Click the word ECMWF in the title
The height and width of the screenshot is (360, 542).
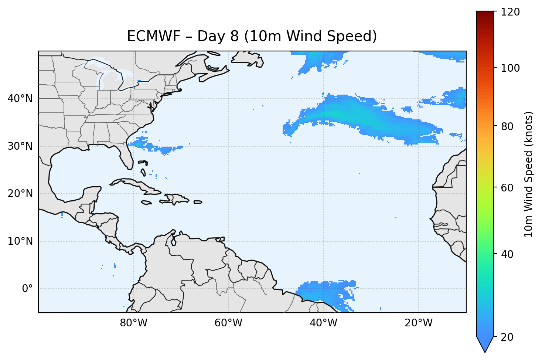point(154,37)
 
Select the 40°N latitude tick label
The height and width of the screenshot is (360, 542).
point(20,99)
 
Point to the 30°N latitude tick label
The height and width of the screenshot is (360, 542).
point(20,146)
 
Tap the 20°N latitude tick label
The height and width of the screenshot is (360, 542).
point(20,194)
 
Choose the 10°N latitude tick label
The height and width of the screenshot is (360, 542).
point(20,241)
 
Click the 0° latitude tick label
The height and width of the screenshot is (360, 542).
point(27,289)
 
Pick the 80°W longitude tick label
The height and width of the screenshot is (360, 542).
point(133,323)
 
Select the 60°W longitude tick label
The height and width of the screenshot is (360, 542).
point(228,323)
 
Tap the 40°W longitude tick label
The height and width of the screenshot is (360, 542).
point(323,323)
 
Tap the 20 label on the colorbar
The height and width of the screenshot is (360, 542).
point(507,337)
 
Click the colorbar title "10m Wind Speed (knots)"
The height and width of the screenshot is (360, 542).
point(529,174)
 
